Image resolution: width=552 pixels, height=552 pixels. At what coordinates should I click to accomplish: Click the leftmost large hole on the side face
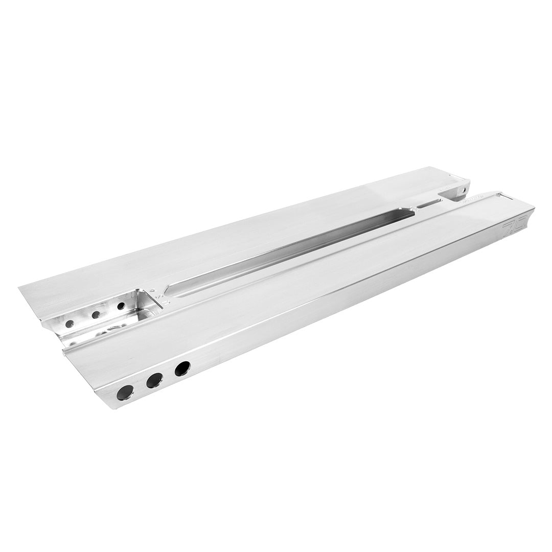click(x=125, y=393)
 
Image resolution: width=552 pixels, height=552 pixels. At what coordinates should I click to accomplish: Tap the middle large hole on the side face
click(x=154, y=380)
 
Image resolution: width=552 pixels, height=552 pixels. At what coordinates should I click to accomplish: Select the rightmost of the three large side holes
click(x=182, y=369)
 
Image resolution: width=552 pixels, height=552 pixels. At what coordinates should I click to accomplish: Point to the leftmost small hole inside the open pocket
click(x=70, y=324)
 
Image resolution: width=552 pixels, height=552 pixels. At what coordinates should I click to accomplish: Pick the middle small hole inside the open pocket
click(x=96, y=315)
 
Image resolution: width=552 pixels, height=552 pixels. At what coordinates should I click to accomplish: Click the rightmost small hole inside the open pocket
click(x=121, y=306)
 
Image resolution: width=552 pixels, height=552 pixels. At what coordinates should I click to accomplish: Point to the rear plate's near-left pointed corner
click(x=20, y=287)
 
